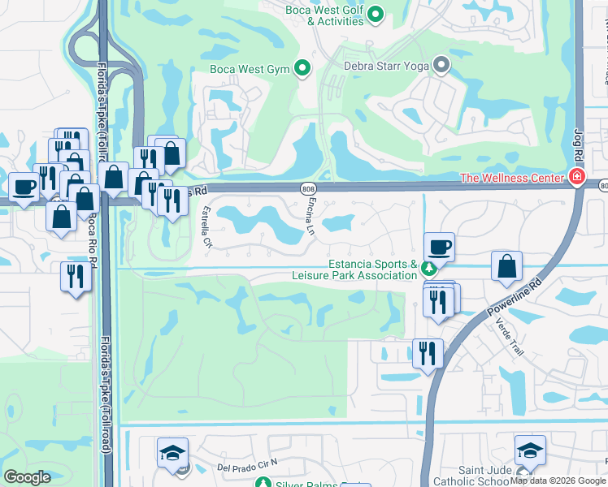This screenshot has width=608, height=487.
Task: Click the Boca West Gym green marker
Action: [302, 69]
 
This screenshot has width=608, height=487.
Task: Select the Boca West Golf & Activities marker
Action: [376, 14]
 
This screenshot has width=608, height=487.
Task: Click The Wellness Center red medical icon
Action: [577, 177]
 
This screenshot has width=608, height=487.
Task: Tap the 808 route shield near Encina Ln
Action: [308, 188]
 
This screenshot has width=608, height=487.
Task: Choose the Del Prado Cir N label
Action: [248, 465]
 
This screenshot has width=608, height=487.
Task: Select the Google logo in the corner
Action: [28, 477]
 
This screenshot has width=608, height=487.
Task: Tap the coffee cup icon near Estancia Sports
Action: [440, 247]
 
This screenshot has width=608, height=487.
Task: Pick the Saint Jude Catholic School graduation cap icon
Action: [529, 450]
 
